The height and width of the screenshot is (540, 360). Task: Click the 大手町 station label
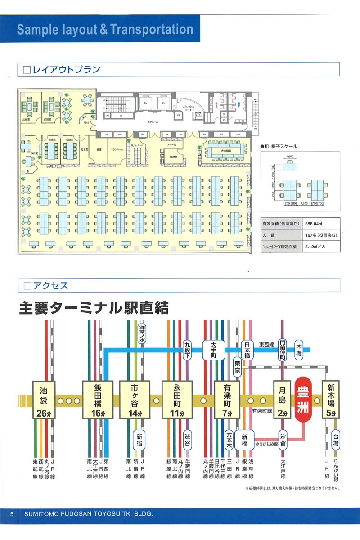(x=214, y=350)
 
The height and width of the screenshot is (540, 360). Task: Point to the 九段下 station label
(x=188, y=350)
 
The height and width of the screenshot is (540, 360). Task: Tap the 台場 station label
(x=336, y=438)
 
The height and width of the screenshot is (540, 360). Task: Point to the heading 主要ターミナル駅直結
(x=94, y=309)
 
